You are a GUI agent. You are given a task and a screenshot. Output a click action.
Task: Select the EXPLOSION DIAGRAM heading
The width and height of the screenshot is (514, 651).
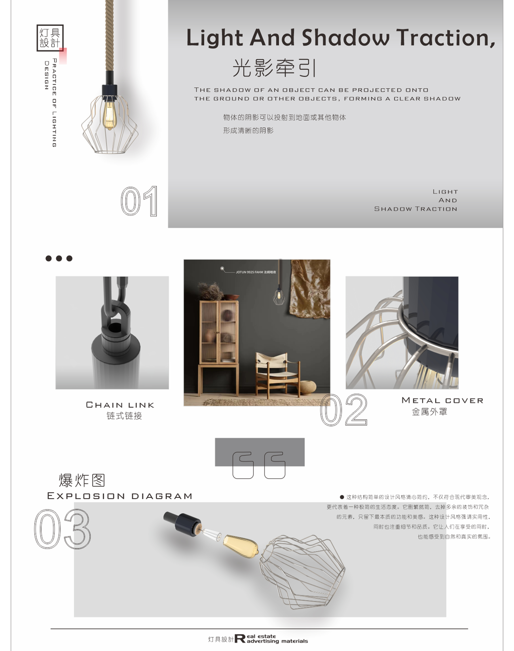tap(120, 496)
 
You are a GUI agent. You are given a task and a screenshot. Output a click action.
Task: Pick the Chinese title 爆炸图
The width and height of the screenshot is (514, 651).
tap(82, 480)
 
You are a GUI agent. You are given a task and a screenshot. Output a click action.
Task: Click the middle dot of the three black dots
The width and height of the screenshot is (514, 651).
tap(59, 258)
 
